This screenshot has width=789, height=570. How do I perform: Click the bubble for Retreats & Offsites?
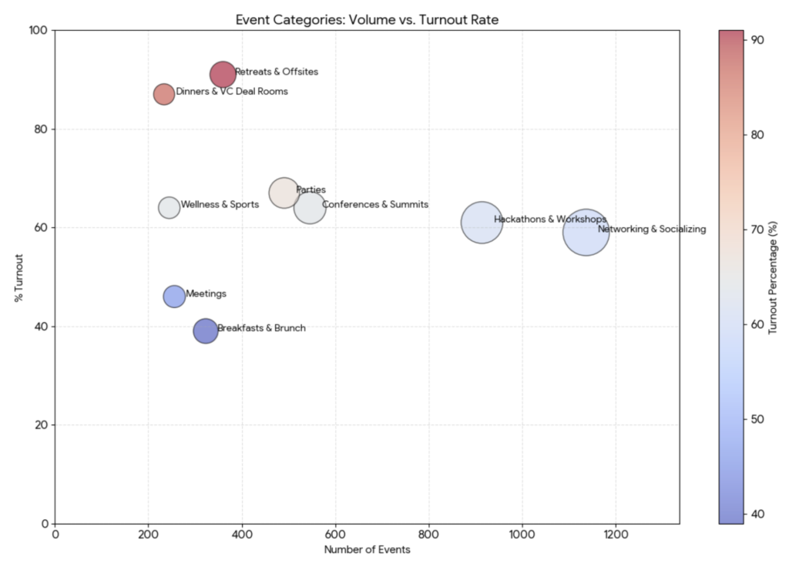point(223,75)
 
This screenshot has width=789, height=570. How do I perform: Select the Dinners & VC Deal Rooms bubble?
point(163,94)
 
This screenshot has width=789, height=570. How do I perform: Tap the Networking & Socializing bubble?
point(586,232)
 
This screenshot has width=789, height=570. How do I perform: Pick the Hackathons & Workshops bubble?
point(482,223)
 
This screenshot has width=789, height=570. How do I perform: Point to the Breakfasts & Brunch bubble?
point(205,330)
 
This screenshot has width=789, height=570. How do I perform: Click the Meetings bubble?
point(174,297)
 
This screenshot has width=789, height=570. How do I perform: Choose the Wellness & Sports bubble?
point(169,207)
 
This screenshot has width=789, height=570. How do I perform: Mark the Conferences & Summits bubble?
point(310,207)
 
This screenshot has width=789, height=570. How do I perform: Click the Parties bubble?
point(284,193)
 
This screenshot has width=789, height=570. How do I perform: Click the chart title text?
point(367,19)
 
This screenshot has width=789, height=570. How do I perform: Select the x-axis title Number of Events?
point(367,550)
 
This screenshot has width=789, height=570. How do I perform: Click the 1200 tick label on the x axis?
point(616,533)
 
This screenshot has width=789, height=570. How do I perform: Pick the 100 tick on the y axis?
point(39,31)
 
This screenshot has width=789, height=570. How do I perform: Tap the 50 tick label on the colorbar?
point(758,419)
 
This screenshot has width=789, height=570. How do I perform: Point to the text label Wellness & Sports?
point(220,205)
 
